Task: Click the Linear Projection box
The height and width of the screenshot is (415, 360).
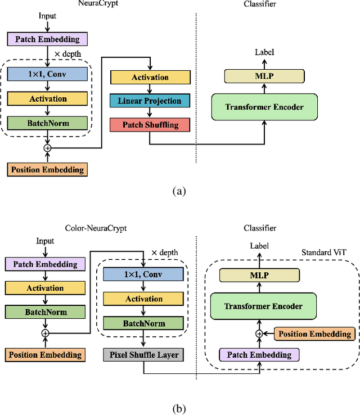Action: click(x=150, y=101)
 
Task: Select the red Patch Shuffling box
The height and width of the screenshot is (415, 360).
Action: click(x=150, y=124)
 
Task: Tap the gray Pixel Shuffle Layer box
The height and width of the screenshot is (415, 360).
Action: click(x=144, y=354)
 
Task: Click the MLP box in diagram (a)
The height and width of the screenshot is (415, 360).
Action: click(x=264, y=76)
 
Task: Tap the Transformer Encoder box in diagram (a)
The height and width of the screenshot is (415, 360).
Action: click(x=264, y=107)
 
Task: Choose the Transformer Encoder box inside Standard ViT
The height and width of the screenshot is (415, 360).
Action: click(x=264, y=306)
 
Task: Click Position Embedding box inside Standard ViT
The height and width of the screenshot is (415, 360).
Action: click(x=315, y=334)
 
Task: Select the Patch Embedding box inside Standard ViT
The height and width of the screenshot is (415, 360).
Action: click(x=259, y=355)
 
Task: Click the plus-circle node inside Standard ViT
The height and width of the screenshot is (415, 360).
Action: click(x=259, y=334)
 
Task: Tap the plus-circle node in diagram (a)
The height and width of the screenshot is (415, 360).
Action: click(x=47, y=147)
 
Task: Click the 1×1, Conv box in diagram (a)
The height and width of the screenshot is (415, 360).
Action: click(x=47, y=74)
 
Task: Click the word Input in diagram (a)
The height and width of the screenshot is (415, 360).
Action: click(x=47, y=16)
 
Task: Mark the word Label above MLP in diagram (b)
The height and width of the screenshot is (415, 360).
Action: click(x=259, y=246)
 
